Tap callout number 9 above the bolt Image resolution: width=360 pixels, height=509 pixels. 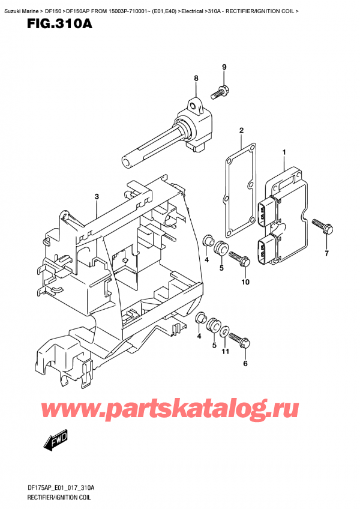pyautogui.click(x=224, y=67)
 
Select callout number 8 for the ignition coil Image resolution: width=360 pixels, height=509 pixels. pyautogui.click(x=196, y=78)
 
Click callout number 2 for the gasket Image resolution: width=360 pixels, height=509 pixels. pyautogui.click(x=241, y=130)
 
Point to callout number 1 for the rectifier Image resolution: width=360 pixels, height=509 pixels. pyautogui.click(x=284, y=153)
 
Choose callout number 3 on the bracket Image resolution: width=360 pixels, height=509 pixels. pyautogui.click(x=97, y=197)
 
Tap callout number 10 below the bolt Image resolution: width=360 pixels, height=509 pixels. pyautogui.click(x=245, y=282)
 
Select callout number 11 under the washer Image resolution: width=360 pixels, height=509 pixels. pyautogui.click(x=225, y=352)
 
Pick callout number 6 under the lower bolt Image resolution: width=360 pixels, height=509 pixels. pyautogui.click(x=245, y=364)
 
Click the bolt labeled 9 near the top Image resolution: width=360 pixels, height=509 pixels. pyautogui.click(x=219, y=92)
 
